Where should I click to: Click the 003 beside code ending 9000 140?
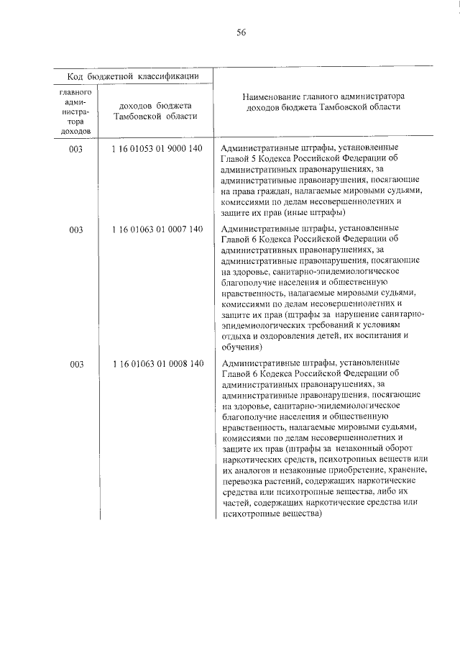(76, 148)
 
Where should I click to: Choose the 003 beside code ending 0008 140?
(76, 363)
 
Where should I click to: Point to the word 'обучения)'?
(242, 347)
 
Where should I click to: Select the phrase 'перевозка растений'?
(259, 481)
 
